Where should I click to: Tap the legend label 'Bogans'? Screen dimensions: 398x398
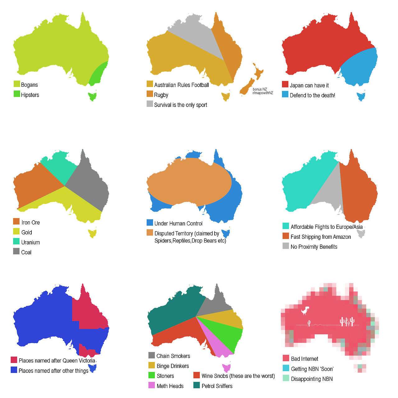click(29, 85)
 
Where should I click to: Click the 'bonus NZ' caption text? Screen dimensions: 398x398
click(260, 89)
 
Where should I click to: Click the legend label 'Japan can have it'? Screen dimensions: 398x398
click(309, 85)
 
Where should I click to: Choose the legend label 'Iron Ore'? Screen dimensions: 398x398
click(30, 222)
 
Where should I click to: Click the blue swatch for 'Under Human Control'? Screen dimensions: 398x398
click(150, 223)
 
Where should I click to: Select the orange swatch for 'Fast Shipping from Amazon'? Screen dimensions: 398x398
click(285, 236)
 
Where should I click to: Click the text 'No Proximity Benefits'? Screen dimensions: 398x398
click(314, 247)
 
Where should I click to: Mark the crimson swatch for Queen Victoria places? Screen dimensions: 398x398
click(14, 360)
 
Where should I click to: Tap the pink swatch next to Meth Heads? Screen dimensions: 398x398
click(152, 385)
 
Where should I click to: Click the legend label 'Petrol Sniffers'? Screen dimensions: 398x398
click(217, 386)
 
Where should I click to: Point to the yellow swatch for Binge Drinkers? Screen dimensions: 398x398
click(152, 365)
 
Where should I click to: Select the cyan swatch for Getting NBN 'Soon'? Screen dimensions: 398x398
click(286, 368)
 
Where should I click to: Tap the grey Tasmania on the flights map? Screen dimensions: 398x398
click(361, 233)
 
